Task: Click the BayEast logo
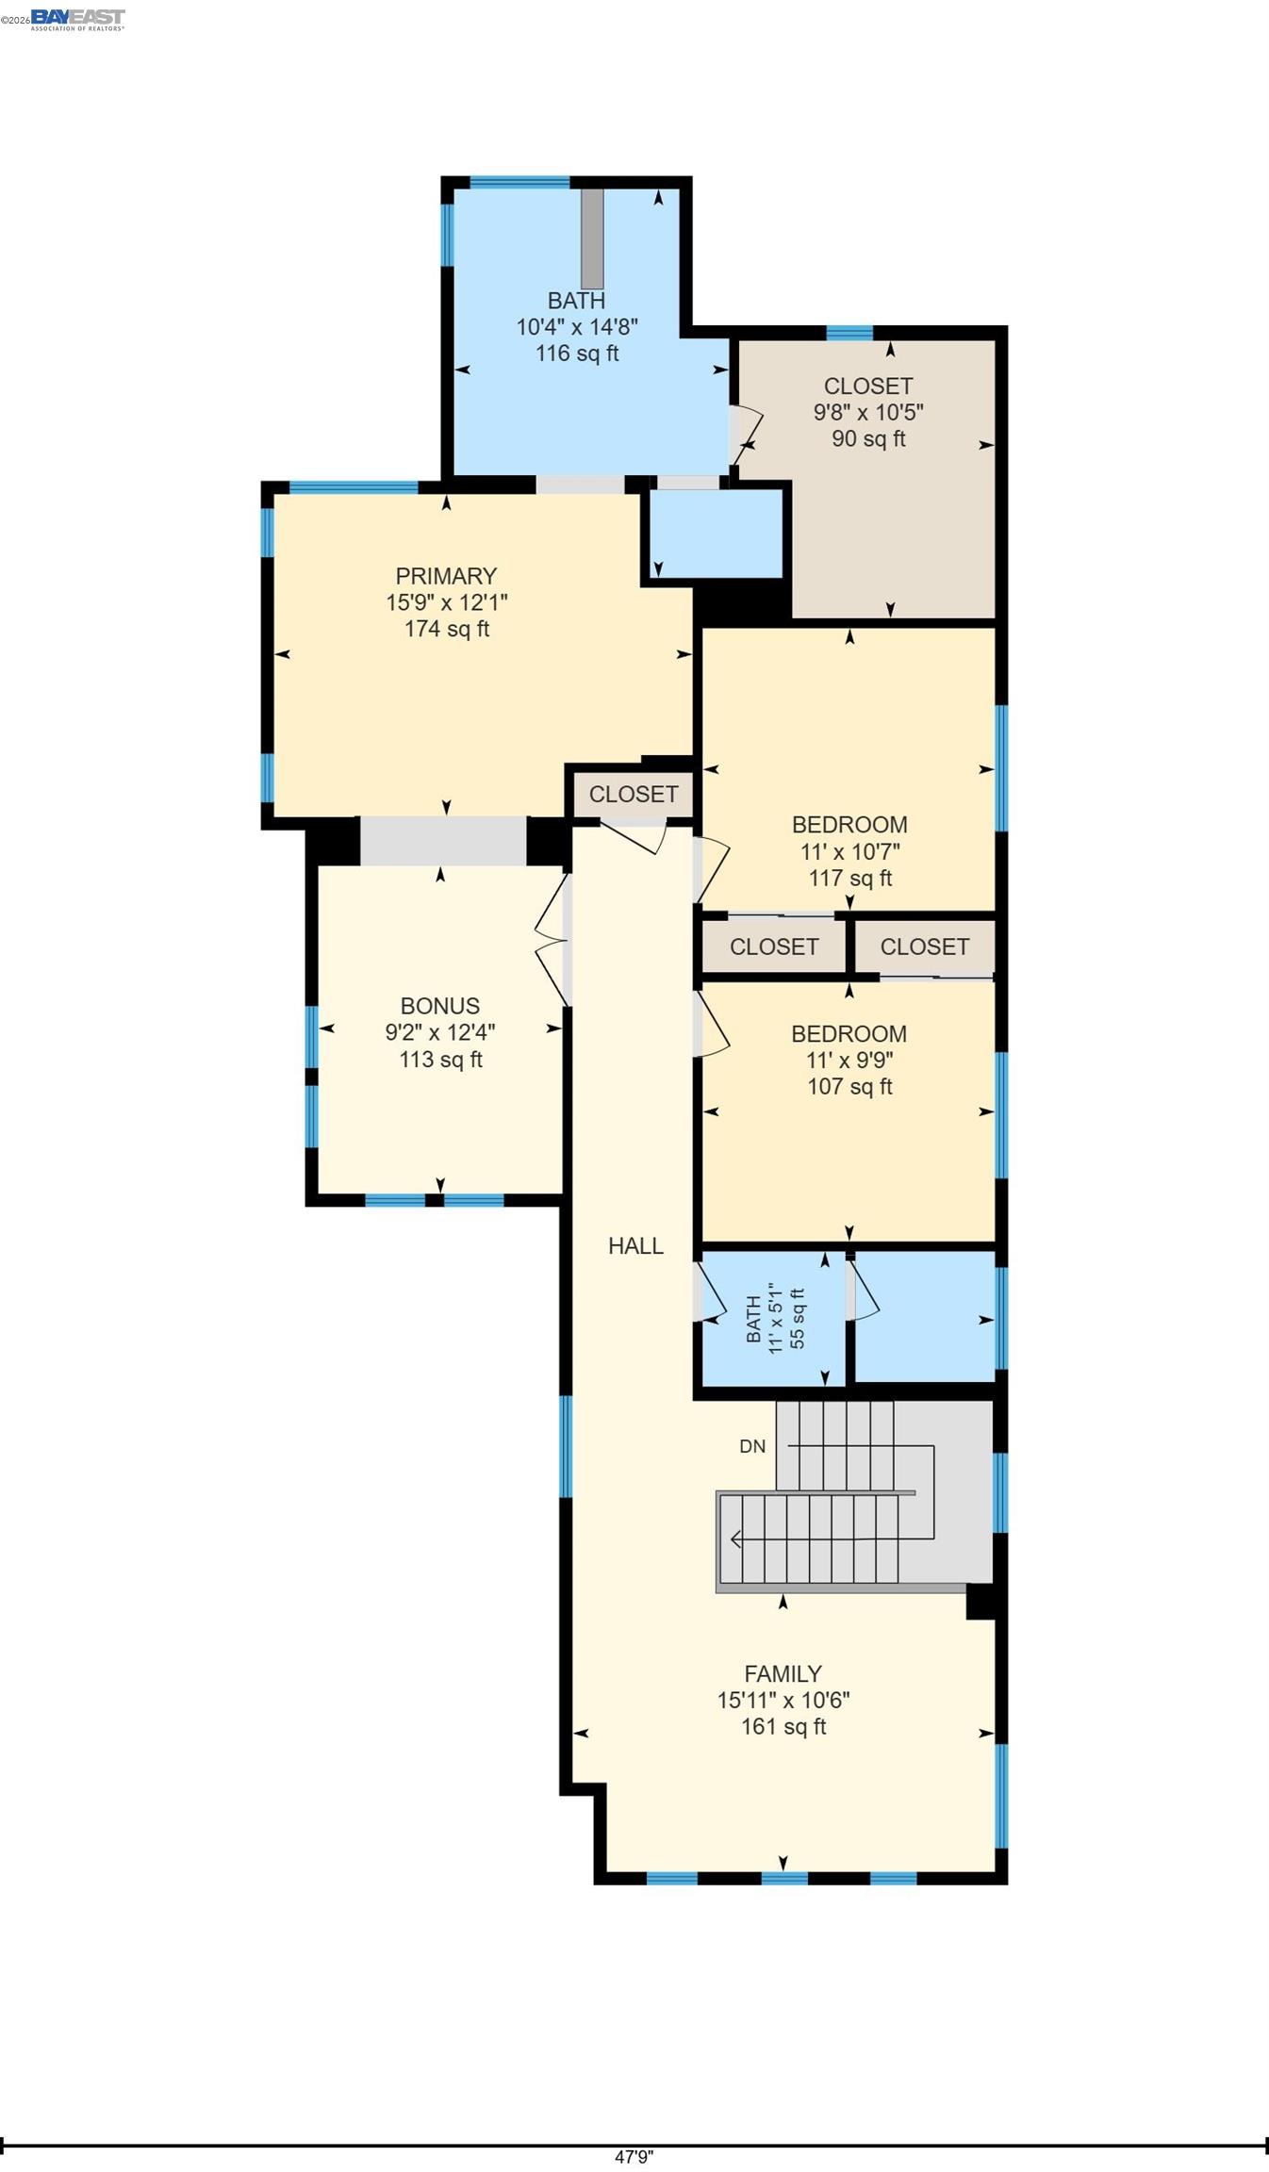(x=77, y=19)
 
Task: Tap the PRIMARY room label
(x=446, y=576)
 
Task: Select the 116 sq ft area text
(x=577, y=354)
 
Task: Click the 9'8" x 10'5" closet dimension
(x=868, y=412)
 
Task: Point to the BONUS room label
(x=439, y=1006)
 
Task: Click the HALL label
(x=635, y=1246)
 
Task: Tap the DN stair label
(x=752, y=1446)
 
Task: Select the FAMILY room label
(x=783, y=1674)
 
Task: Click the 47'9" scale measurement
(x=634, y=2157)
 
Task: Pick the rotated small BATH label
(x=753, y=1319)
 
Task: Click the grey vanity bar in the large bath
(x=592, y=239)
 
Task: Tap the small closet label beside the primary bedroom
(x=634, y=795)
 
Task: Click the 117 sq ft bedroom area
(x=849, y=879)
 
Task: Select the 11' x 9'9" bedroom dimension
(x=849, y=1061)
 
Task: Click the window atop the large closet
(x=849, y=332)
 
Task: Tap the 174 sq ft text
(x=446, y=629)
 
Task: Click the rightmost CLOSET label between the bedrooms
(x=924, y=946)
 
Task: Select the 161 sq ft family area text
(x=783, y=1727)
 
